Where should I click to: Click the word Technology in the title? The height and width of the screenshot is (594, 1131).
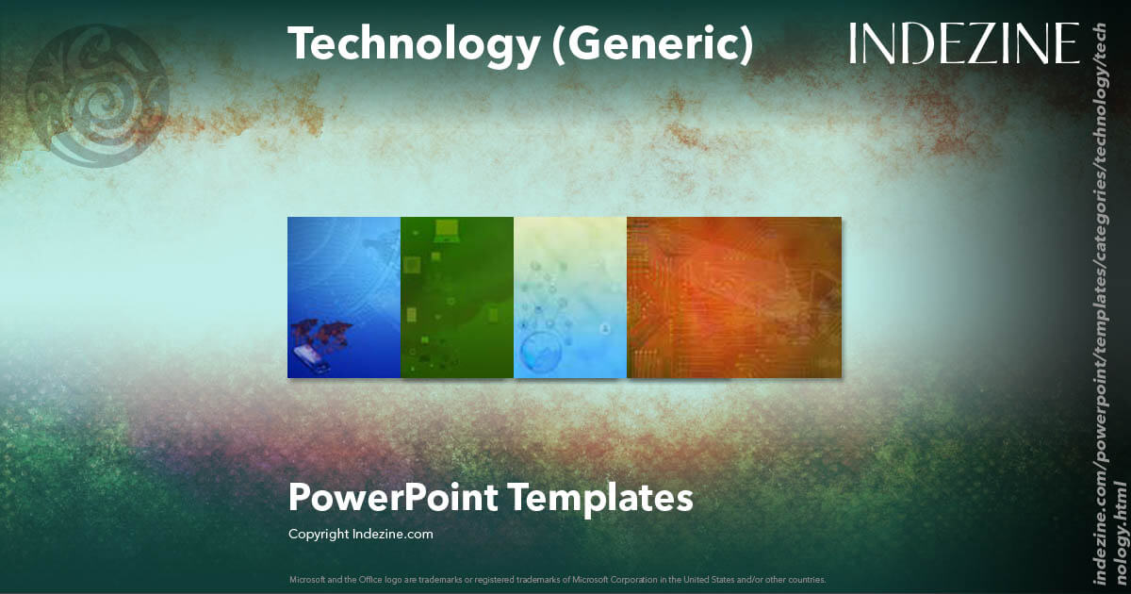414,44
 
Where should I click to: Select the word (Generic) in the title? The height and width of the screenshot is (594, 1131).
653,44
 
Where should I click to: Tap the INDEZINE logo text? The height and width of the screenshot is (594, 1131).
963,44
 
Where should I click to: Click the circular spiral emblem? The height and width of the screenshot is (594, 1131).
97,96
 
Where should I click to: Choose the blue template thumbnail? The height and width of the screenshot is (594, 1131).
344,297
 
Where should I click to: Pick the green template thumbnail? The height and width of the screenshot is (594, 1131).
457,297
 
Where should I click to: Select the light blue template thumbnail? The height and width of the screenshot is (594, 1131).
570,297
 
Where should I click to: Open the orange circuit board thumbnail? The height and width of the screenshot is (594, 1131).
733,297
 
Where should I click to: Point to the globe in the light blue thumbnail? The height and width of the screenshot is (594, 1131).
544,351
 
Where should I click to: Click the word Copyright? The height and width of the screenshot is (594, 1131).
318,534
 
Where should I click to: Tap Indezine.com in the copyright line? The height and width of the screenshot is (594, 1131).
392,534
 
